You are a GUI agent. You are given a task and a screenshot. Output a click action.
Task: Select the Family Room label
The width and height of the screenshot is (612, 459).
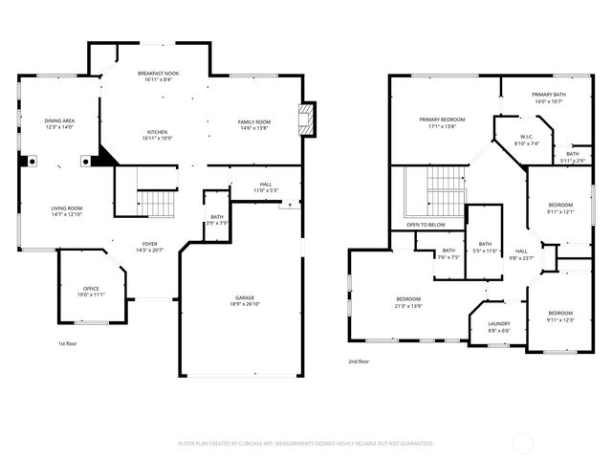point(254,121)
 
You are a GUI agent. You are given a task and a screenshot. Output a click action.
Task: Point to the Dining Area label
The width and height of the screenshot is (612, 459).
point(59,120)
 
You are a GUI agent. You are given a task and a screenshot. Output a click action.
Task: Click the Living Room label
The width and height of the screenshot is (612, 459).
point(67,208)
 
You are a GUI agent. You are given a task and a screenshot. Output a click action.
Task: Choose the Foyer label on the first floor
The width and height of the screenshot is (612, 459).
point(150,245)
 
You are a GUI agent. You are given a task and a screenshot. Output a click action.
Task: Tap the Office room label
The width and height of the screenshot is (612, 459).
point(91,288)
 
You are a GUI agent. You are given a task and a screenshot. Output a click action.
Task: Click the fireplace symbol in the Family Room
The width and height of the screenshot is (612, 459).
point(307,120)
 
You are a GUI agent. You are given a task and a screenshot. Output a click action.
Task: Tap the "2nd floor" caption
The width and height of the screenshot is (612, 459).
point(360,361)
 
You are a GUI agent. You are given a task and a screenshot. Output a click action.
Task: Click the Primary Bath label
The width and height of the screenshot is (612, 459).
point(549,94)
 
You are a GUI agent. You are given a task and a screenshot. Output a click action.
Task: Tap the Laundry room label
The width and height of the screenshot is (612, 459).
point(499,323)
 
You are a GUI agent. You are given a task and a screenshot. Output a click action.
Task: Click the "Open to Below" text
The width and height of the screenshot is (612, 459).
point(426,225)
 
